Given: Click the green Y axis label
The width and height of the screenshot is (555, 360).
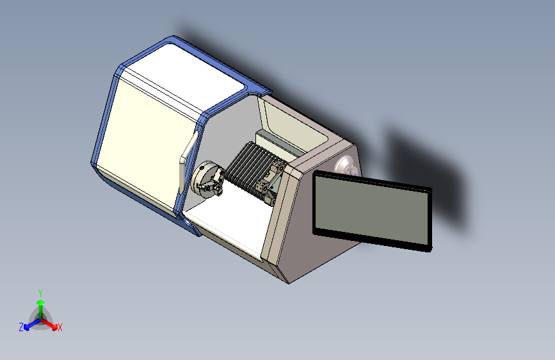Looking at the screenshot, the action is pyautogui.click(x=40, y=293).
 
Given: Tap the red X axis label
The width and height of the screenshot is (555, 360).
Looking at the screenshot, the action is pyautogui.click(x=60, y=327).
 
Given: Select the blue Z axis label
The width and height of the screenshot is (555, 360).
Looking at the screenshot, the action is pyautogui.click(x=21, y=327).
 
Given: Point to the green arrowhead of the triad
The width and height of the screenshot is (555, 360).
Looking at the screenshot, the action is pyautogui.click(x=41, y=303).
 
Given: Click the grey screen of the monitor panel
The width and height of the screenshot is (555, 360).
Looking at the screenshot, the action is pyautogui.click(x=372, y=209).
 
